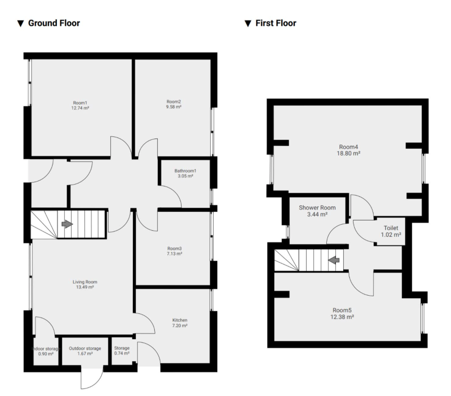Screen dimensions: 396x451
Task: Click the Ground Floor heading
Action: pyautogui.click(x=54, y=23)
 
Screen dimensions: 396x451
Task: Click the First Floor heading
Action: pyautogui.click(x=276, y=23)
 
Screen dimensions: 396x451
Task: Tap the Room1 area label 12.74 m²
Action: pyautogui.click(x=80, y=108)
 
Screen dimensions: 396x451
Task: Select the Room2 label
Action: pyautogui.click(x=174, y=102)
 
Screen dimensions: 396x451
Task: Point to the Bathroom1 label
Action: pyautogui.click(x=185, y=170)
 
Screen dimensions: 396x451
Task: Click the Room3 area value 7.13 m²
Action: pyautogui.click(x=175, y=254)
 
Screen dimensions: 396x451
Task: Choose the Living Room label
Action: pyautogui.click(x=85, y=282)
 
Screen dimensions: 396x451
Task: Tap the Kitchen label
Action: pyautogui.click(x=180, y=320)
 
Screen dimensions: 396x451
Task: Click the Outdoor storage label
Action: pyautogui.click(x=85, y=348)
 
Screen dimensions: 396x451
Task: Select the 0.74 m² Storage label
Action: pyautogui.click(x=122, y=353)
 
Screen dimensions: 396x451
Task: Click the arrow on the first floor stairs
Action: pyautogui.click(x=334, y=260)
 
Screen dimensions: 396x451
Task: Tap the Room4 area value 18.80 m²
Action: pyautogui.click(x=348, y=153)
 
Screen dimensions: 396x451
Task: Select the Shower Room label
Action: pyautogui.click(x=317, y=207)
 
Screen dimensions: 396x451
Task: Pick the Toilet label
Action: pyautogui.click(x=391, y=228)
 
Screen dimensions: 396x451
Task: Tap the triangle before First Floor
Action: pyautogui.click(x=247, y=24)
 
